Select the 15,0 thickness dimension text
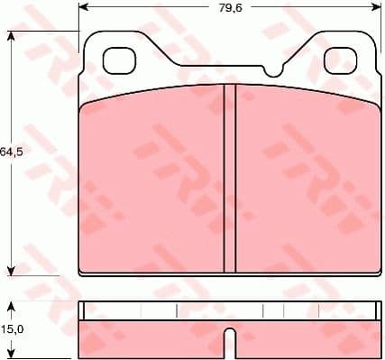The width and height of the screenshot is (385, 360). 11,330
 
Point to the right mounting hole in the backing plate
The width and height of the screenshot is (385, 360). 338,60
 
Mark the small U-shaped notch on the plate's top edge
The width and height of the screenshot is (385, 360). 273,69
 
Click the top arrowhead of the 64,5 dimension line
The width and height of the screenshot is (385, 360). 11,37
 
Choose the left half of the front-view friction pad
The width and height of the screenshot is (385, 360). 153,180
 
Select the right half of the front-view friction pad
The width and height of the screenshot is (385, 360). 302,180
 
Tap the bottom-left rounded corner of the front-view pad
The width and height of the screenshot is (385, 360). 84,268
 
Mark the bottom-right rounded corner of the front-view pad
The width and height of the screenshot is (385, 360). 372,268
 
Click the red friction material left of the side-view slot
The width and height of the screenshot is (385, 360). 153,337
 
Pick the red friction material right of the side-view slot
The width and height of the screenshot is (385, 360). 302,337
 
